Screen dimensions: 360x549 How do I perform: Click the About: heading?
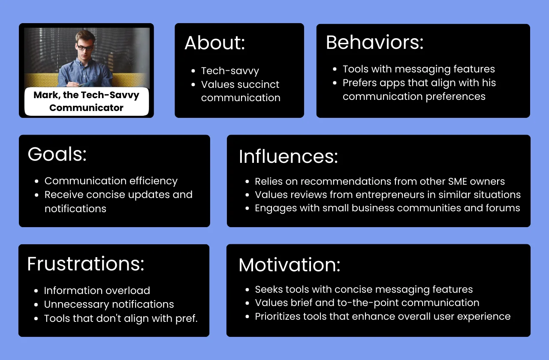click(x=214, y=43)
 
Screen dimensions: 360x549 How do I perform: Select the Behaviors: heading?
click(x=374, y=42)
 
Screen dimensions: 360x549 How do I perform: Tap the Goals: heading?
click(x=57, y=154)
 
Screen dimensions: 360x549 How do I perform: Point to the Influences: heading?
click(x=288, y=156)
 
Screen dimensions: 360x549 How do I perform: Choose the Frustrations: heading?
click(x=85, y=264)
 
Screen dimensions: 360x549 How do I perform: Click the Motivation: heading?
click(x=289, y=265)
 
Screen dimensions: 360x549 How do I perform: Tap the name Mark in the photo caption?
click(x=46, y=95)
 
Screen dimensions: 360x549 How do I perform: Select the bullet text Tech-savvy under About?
click(x=230, y=71)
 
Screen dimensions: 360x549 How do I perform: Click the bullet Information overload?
click(x=97, y=291)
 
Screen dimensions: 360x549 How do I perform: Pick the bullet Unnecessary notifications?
click(x=109, y=304)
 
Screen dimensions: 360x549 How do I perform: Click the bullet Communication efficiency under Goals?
click(x=111, y=181)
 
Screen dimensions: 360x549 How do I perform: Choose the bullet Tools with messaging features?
click(x=419, y=69)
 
